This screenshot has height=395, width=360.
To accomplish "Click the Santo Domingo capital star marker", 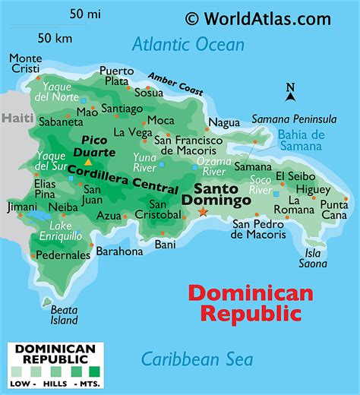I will pos(203,213).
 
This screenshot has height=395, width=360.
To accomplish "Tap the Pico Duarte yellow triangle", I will pos(88,162).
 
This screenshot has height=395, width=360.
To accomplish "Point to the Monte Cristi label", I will pos(26,64).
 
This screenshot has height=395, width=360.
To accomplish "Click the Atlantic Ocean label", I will pos(188,44).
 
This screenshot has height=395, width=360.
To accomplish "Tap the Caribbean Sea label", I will pos(197,359).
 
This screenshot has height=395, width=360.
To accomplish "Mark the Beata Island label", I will pos(65,314).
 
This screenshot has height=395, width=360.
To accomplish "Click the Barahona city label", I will pos(119,251).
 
